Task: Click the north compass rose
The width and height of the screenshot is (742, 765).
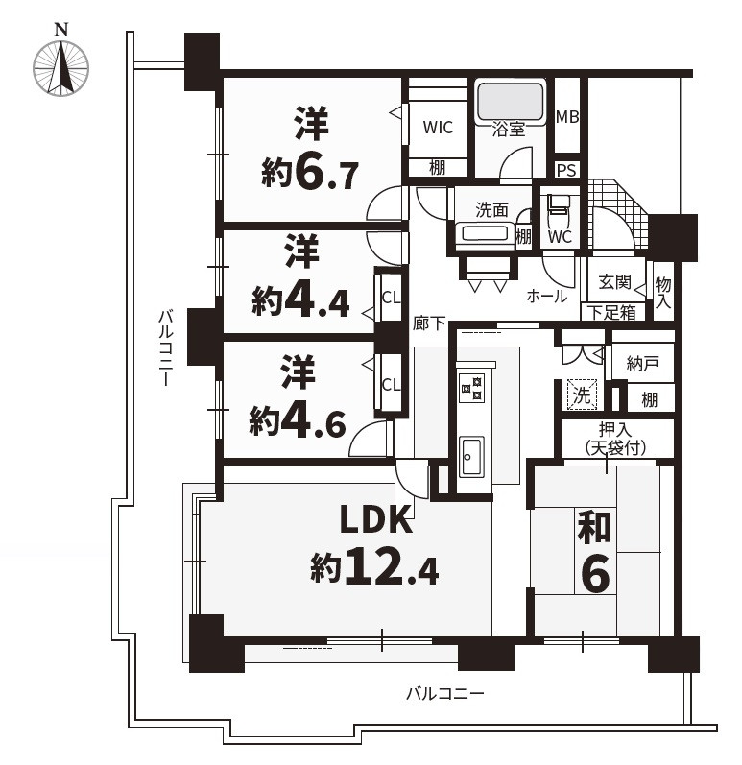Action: coord(61,69)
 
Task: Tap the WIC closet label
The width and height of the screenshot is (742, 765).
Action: coord(438,128)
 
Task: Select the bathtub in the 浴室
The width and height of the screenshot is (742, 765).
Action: coord(510,102)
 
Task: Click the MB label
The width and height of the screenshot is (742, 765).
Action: coord(567,116)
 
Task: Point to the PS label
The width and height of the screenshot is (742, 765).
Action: coord(567,170)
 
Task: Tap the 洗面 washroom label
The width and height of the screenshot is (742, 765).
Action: coord(491,210)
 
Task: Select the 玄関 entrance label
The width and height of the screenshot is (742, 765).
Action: coord(615,281)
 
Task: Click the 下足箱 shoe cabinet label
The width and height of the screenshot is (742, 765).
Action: coord(611,312)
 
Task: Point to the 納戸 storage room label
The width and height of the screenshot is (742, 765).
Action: coord(642,363)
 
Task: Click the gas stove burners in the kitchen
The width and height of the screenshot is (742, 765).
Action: coord(471,388)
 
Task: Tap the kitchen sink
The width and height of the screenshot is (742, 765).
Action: coord(471,456)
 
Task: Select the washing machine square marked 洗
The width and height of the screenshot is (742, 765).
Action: coord(582,394)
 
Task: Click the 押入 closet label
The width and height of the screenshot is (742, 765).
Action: coord(615,430)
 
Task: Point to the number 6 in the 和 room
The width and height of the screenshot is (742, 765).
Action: coord(596,574)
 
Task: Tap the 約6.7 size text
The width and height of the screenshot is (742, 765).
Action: coord(310,173)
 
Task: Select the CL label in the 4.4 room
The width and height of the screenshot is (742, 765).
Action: coord(391,298)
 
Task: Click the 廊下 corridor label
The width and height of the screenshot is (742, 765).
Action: coord(429,323)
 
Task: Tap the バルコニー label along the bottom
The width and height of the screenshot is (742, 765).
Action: coord(444,693)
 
